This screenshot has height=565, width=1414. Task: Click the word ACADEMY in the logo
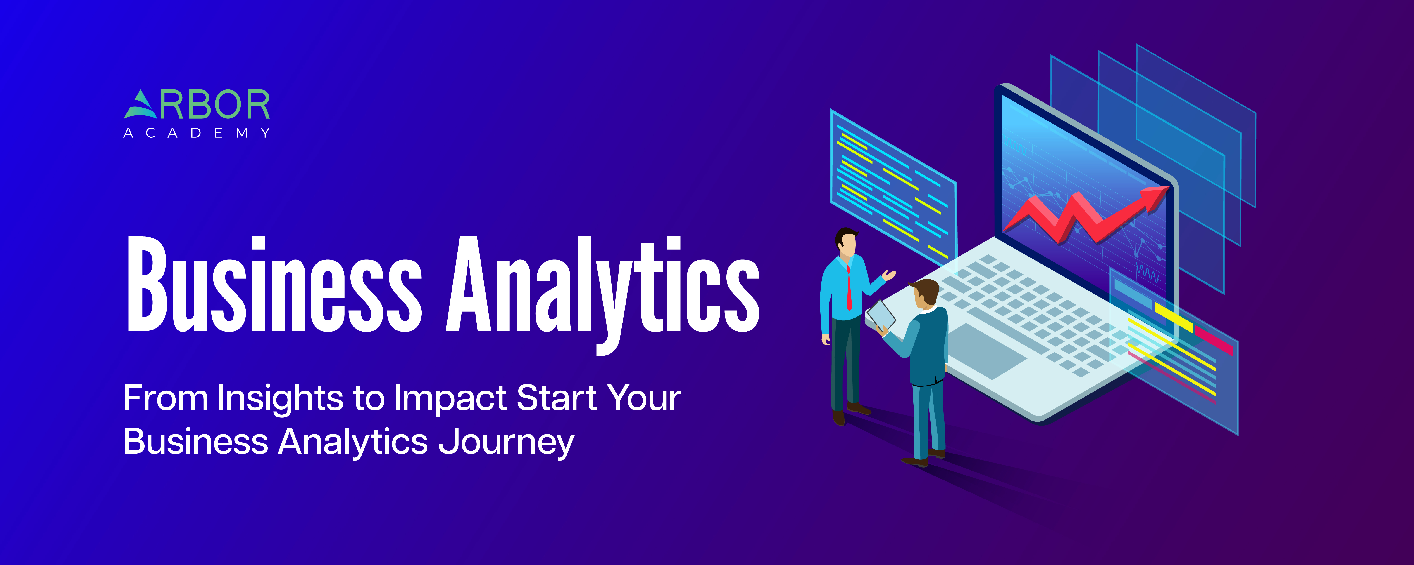[x=197, y=133]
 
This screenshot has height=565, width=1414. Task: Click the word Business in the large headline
[x=274, y=284]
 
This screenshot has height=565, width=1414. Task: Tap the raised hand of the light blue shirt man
[x=889, y=274]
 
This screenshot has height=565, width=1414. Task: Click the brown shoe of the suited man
[x=914, y=462]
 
